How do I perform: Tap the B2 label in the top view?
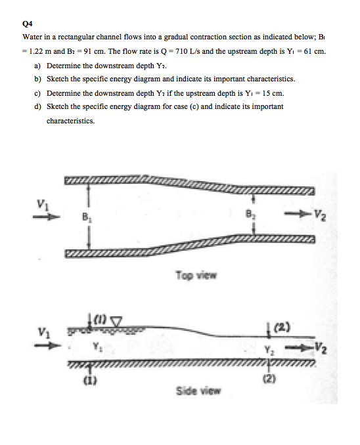click(x=250, y=213)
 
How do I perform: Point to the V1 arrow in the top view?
click(x=53, y=214)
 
